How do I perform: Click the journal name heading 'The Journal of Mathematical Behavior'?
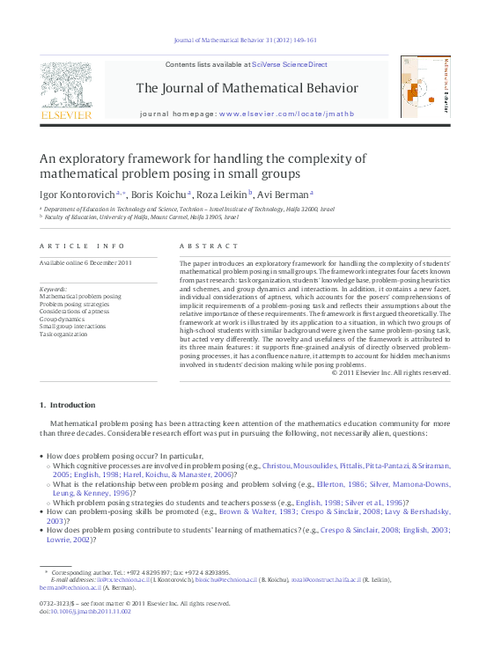[x=247, y=88]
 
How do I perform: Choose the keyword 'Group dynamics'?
[x=62, y=320]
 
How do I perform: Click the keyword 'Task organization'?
[x=63, y=334]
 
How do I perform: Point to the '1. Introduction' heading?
[x=68, y=405]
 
